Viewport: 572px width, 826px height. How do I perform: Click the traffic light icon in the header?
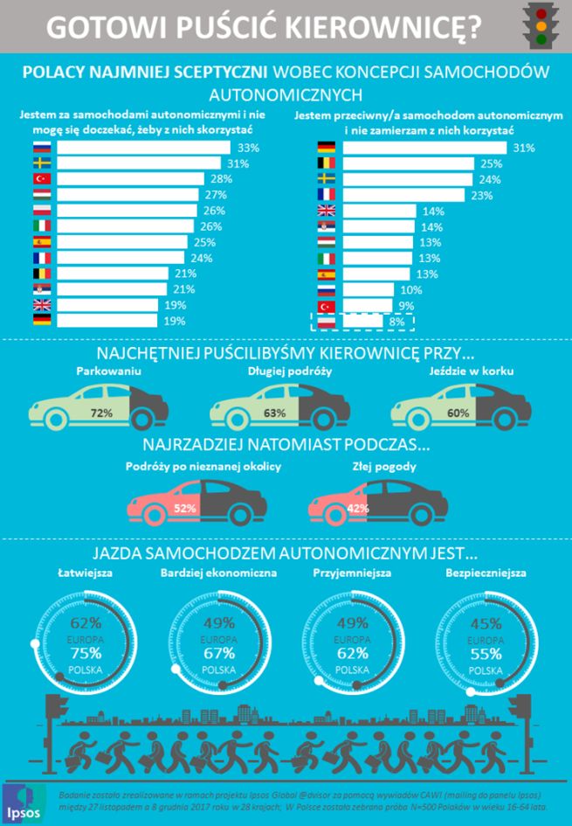pyautogui.click(x=541, y=25)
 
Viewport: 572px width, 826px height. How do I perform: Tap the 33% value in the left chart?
pyautogui.click(x=248, y=149)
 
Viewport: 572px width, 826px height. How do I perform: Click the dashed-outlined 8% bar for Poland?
pyautogui.click(x=362, y=321)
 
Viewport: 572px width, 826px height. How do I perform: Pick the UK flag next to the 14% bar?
pyautogui.click(x=326, y=211)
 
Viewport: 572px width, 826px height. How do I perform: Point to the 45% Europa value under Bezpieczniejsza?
pyautogui.click(x=486, y=623)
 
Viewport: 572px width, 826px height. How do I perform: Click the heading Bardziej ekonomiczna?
pyautogui.click(x=218, y=573)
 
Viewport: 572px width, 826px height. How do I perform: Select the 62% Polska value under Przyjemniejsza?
pyautogui.click(x=353, y=654)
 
